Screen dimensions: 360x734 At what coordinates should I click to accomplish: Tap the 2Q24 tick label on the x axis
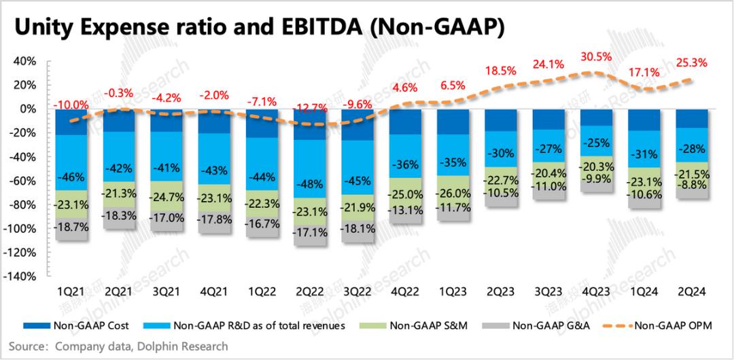coord(693,291)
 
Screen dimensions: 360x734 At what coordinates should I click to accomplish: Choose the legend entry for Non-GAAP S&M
coord(421,325)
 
